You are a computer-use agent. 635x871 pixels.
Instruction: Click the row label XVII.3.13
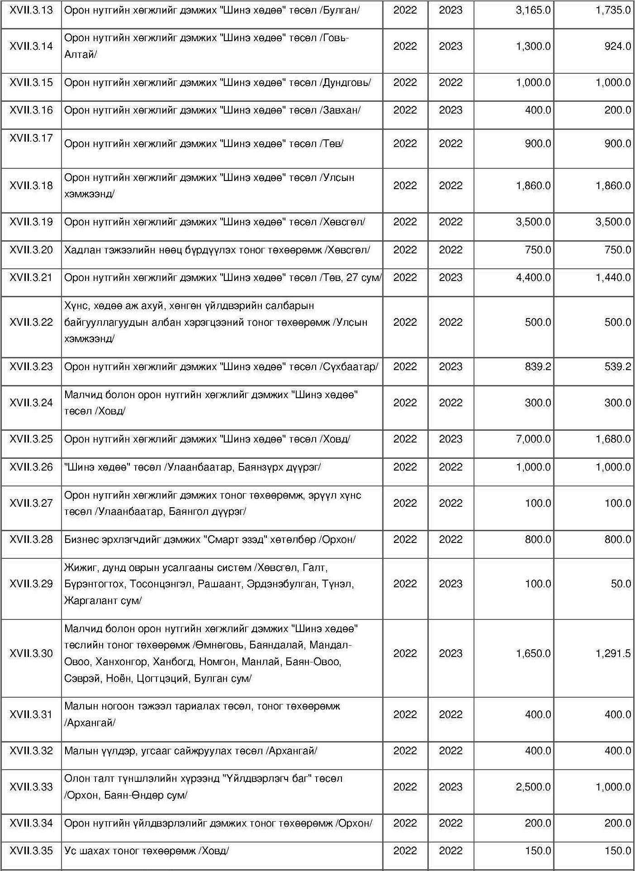pos(31,10)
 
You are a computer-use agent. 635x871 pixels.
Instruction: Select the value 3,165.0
pos(533,10)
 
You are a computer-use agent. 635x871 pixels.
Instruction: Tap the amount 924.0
pos(617,46)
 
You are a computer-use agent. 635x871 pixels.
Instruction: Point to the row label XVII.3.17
pos(31,138)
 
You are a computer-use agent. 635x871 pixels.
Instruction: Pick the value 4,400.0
pos(533,278)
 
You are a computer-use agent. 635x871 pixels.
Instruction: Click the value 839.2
pos(538,367)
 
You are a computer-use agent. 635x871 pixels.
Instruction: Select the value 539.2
pos(617,367)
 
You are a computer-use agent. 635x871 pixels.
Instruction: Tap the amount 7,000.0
pos(533,439)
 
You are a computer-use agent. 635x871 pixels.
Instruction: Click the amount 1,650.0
pos(533,654)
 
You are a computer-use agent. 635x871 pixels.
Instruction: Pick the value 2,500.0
pos(533,787)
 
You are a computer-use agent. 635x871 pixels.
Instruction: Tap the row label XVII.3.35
pos(31,851)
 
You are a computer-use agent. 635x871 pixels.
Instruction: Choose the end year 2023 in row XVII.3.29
pos(450,584)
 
